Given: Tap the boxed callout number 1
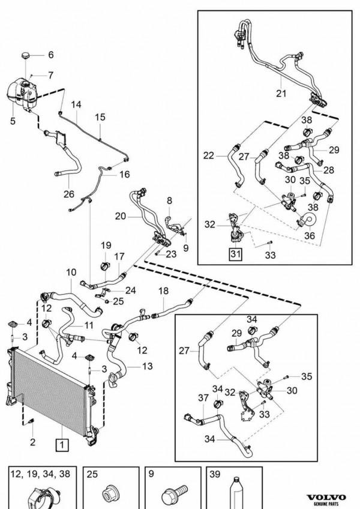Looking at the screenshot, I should pos(62,445).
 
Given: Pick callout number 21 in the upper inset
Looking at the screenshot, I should pos(281,93).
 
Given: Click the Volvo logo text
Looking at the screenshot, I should pos(326,498).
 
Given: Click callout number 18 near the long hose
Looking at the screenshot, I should pos(163,291).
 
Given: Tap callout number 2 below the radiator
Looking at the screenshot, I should pos(32,442).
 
